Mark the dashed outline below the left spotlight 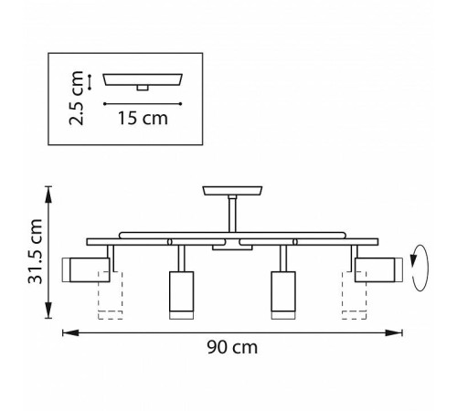[110, 301]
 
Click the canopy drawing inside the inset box [143, 81]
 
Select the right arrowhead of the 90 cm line [402, 332]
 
